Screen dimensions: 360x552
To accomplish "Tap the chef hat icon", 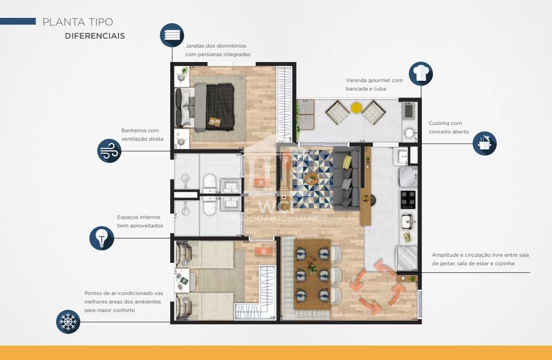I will pos(420,74).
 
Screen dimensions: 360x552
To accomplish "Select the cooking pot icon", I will pos(484,143).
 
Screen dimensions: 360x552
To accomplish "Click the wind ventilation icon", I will pos(109,151).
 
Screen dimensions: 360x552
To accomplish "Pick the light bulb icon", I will pos(101,238).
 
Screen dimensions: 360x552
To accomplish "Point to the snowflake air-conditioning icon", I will pos(68,322).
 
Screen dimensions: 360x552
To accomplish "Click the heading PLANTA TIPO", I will pos(78,22).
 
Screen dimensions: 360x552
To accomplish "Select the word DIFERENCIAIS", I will pos(95,36).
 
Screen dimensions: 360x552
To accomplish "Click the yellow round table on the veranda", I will pos(356,108).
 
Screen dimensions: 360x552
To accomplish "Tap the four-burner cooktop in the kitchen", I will pos(408,199).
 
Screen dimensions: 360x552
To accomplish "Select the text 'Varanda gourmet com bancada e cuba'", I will pos(374,85).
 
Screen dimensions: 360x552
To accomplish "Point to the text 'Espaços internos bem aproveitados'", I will pos(140,221).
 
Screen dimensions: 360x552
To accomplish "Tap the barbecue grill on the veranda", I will pos(409,111).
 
